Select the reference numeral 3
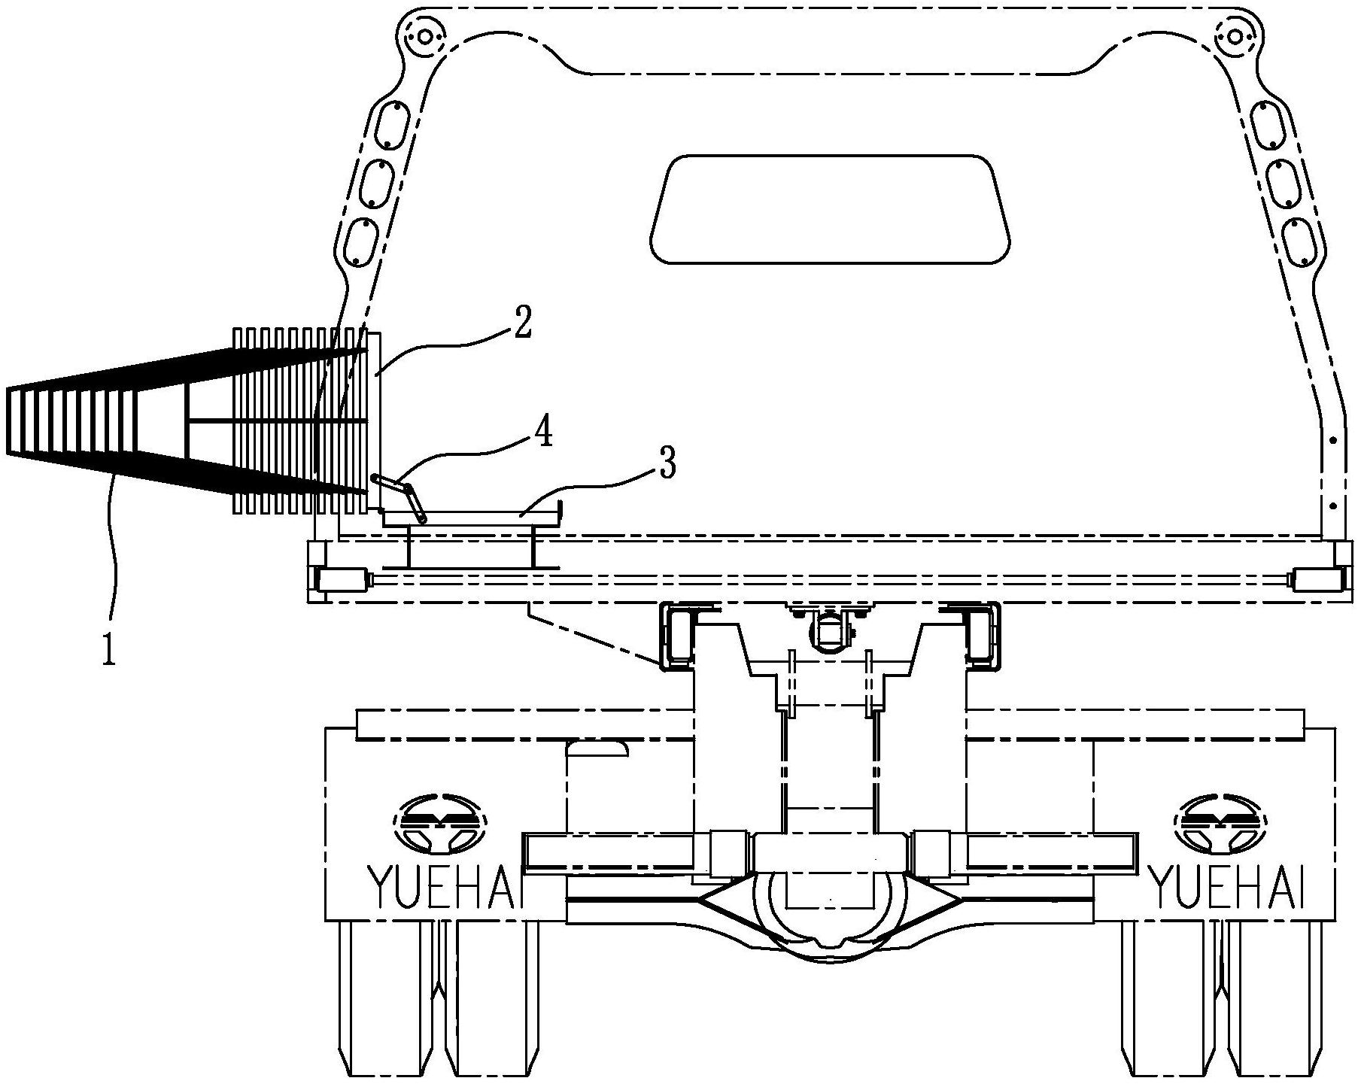click(x=666, y=464)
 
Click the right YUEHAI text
click(x=1227, y=887)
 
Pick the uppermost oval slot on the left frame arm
click(x=392, y=124)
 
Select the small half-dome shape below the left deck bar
click(x=597, y=747)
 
